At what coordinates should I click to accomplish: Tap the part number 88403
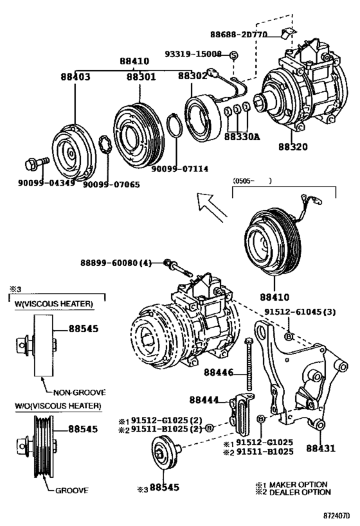click(75, 77)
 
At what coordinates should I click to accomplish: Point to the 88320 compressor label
click(292, 147)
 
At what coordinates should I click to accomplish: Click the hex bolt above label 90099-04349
click(36, 163)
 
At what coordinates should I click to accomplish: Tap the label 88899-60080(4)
click(116, 263)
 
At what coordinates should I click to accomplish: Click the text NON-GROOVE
click(78, 391)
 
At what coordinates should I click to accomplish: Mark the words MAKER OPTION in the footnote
click(301, 484)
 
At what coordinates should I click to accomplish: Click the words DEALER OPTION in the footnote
click(302, 492)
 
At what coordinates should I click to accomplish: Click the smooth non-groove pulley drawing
click(42, 347)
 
